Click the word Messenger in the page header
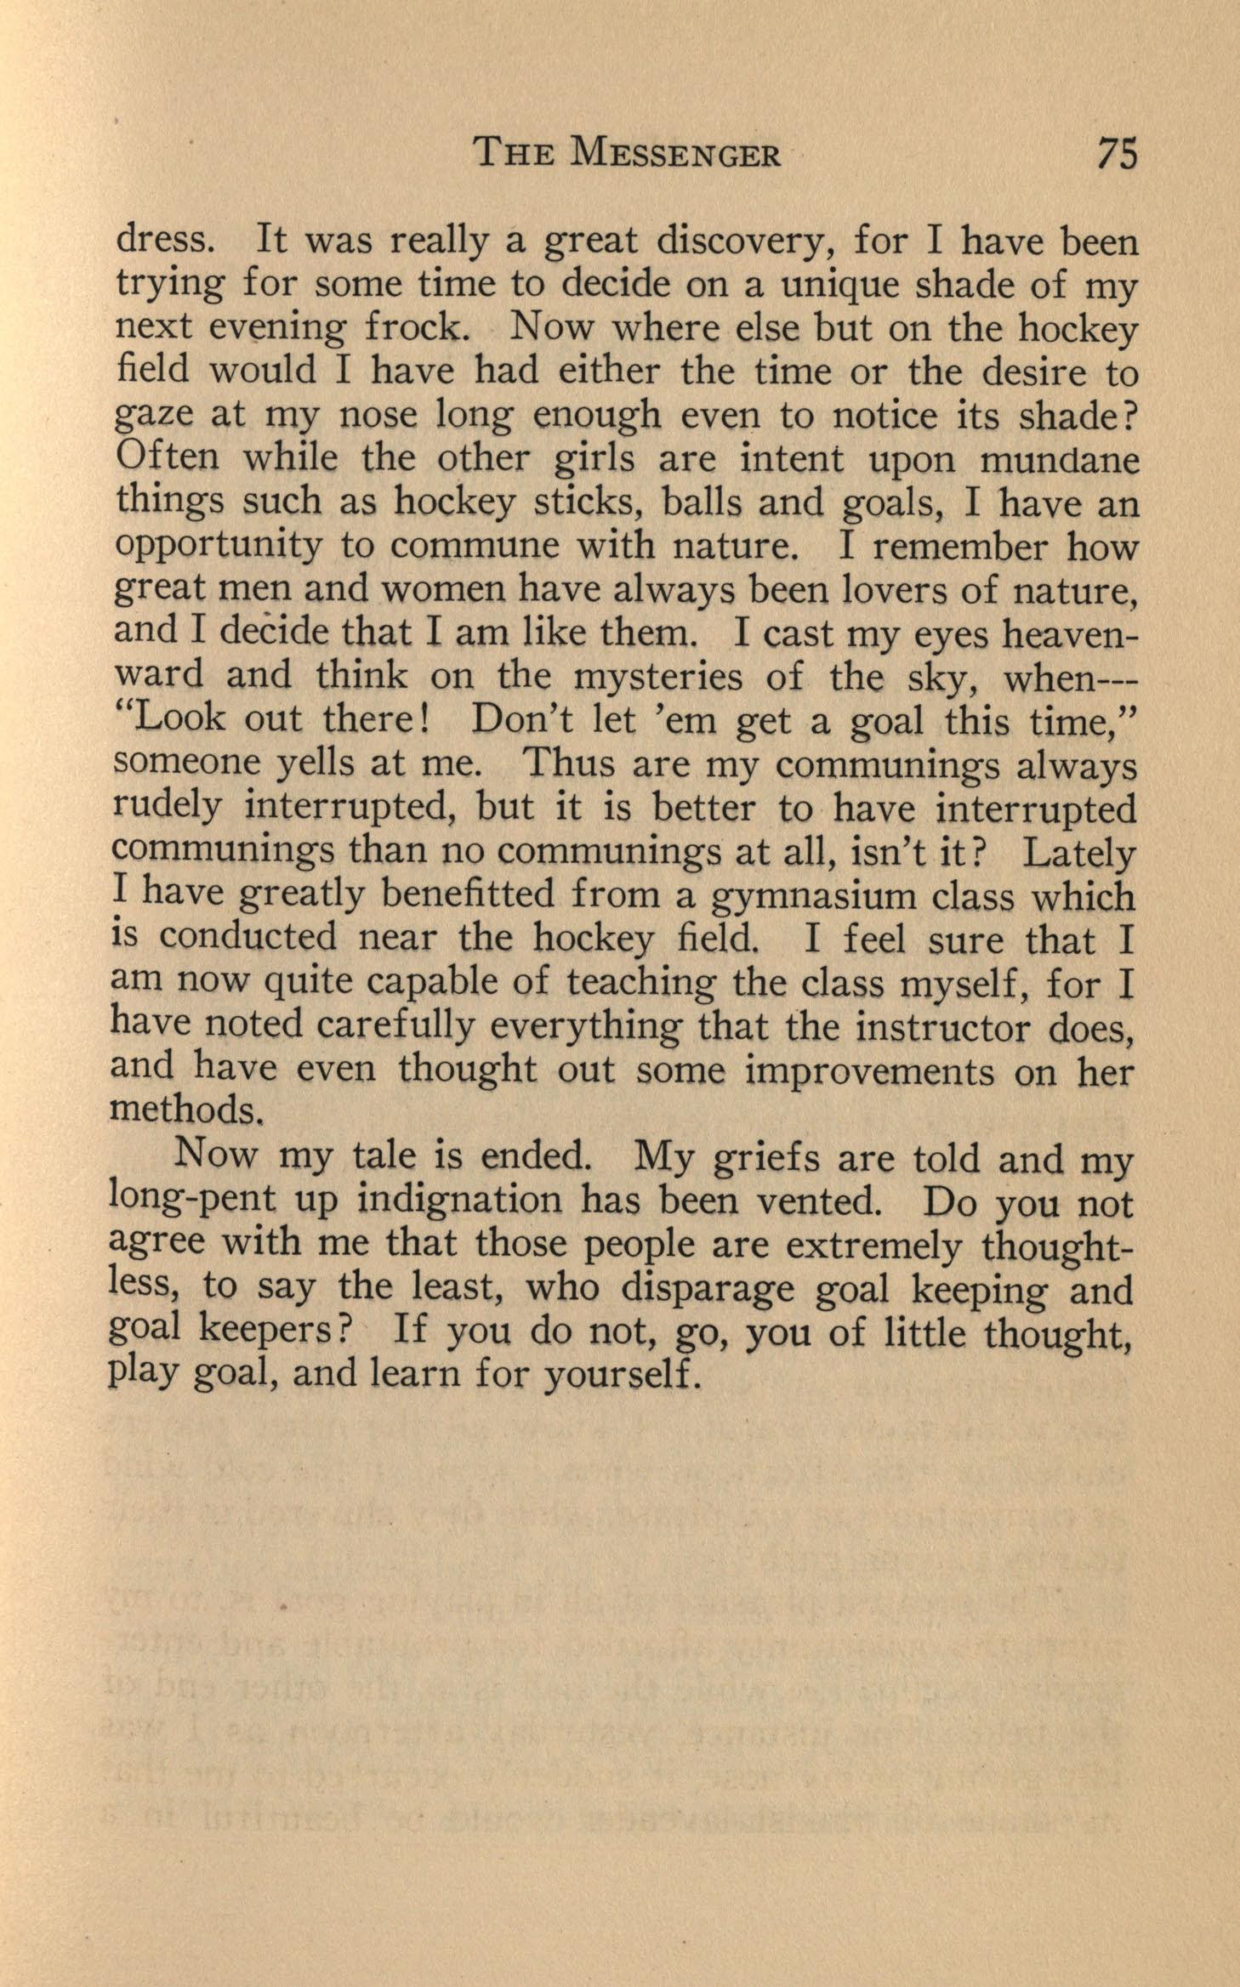point(677,155)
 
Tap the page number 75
point(1117,155)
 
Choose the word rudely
point(168,809)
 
